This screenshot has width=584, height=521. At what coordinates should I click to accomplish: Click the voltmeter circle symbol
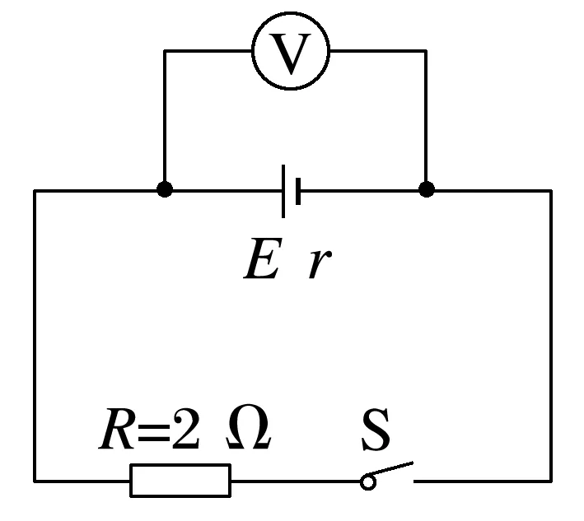point(290,52)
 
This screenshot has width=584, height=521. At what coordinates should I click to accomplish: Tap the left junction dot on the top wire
point(165,190)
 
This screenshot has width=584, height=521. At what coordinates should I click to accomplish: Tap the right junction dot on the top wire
point(426,190)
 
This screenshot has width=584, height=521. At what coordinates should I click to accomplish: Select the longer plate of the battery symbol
point(284,191)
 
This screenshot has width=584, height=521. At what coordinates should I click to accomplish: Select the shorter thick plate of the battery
point(297,191)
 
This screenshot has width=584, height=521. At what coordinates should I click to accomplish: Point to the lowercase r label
point(317,265)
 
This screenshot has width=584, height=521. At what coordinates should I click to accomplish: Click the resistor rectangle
point(180,480)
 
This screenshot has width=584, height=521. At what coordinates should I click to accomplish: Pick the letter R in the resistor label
point(116,430)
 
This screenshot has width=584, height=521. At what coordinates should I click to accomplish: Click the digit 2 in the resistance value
point(185,430)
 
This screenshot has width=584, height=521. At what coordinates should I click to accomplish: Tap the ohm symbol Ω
point(247,429)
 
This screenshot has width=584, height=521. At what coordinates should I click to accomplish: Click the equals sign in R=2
point(152,432)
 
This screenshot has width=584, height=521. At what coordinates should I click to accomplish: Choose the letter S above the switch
point(376,431)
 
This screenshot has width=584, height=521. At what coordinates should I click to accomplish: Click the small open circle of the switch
point(368,481)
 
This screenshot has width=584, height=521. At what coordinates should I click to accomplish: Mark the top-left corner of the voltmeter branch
point(165,51)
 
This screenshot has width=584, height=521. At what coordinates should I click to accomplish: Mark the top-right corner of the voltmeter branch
point(426,51)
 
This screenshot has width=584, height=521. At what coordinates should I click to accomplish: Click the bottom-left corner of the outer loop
point(35,480)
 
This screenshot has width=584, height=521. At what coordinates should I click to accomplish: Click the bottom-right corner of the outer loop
point(550,480)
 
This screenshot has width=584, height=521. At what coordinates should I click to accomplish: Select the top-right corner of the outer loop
point(550,191)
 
